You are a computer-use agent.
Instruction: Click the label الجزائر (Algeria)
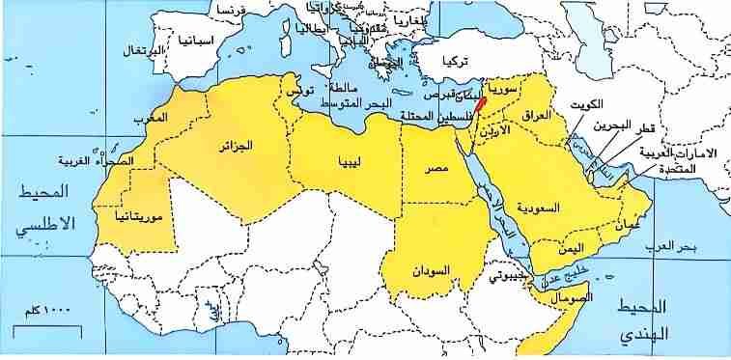(x=234, y=146)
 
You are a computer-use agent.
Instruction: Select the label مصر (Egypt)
(x=436, y=170)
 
